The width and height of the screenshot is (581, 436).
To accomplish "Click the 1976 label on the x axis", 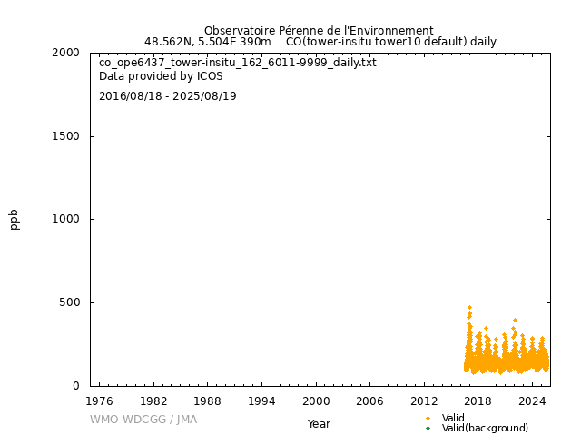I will (99, 401).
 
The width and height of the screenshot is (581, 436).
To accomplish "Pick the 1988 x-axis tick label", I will (207, 401).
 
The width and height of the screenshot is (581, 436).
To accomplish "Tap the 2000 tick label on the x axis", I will (316, 401).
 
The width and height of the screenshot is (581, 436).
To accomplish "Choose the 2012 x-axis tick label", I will (424, 401).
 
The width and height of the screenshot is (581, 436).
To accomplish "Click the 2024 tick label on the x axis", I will (533, 401).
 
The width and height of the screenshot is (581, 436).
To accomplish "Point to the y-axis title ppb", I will (15, 219).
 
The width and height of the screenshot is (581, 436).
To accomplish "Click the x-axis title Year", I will (319, 423).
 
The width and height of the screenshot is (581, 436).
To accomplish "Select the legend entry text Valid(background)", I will (485, 428).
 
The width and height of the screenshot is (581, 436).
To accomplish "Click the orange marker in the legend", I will (428, 418).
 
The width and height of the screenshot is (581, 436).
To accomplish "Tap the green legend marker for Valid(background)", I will (428, 428).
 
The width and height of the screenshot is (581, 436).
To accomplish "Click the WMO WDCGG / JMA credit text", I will (143, 420).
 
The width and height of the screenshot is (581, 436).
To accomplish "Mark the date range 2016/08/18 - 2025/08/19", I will (168, 96).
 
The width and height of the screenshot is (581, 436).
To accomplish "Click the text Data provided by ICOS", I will (161, 76).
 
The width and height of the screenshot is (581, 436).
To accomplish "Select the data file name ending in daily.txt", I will (238, 63).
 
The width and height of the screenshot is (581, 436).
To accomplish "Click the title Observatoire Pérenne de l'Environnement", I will (319, 31).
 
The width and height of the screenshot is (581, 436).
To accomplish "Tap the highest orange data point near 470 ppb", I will (469, 308).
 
